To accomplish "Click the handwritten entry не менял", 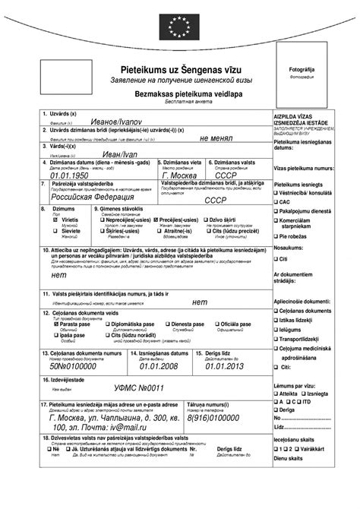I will tap(216, 139).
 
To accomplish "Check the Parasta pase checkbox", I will tap(55, 324).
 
